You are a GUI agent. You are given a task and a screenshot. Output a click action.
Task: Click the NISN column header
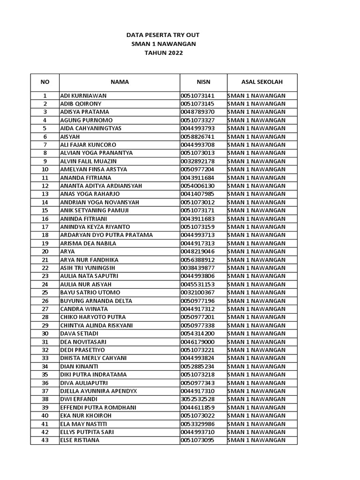click(x=203, y=82)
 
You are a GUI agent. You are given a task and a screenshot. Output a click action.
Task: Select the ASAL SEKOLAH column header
click(x=262, y=82)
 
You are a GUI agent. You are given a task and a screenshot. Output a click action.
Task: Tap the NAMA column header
click(x=120, y=82)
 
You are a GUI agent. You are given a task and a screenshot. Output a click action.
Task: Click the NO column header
click(x=45, y=82)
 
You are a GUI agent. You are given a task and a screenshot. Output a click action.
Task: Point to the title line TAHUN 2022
click(x=164, y=53)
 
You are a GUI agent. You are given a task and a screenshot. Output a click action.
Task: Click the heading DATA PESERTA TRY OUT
click(x=164, y=35)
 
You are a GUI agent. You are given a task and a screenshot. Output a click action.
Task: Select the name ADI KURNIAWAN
click(x=83, y=96)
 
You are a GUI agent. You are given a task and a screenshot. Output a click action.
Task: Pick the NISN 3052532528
click(x=197, y=399)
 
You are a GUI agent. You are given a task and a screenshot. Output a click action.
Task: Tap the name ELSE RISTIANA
click(x=80, y=440)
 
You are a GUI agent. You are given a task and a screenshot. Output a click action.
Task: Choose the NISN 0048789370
click(x=197, y=112)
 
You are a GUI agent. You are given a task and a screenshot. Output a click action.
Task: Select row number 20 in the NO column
click(x=45, y=251)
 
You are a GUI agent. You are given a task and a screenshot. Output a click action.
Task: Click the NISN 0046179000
click(x=197, y=342)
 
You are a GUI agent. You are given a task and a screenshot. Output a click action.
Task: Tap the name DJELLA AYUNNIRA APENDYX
click(x=98, y=391)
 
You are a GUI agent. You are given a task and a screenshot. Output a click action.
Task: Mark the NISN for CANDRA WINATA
click(x=197, y=309)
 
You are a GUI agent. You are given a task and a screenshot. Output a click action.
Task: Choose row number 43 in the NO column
click(x=45, y=440)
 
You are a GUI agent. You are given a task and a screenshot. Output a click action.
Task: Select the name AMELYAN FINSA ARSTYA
click(x=93, y=169)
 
